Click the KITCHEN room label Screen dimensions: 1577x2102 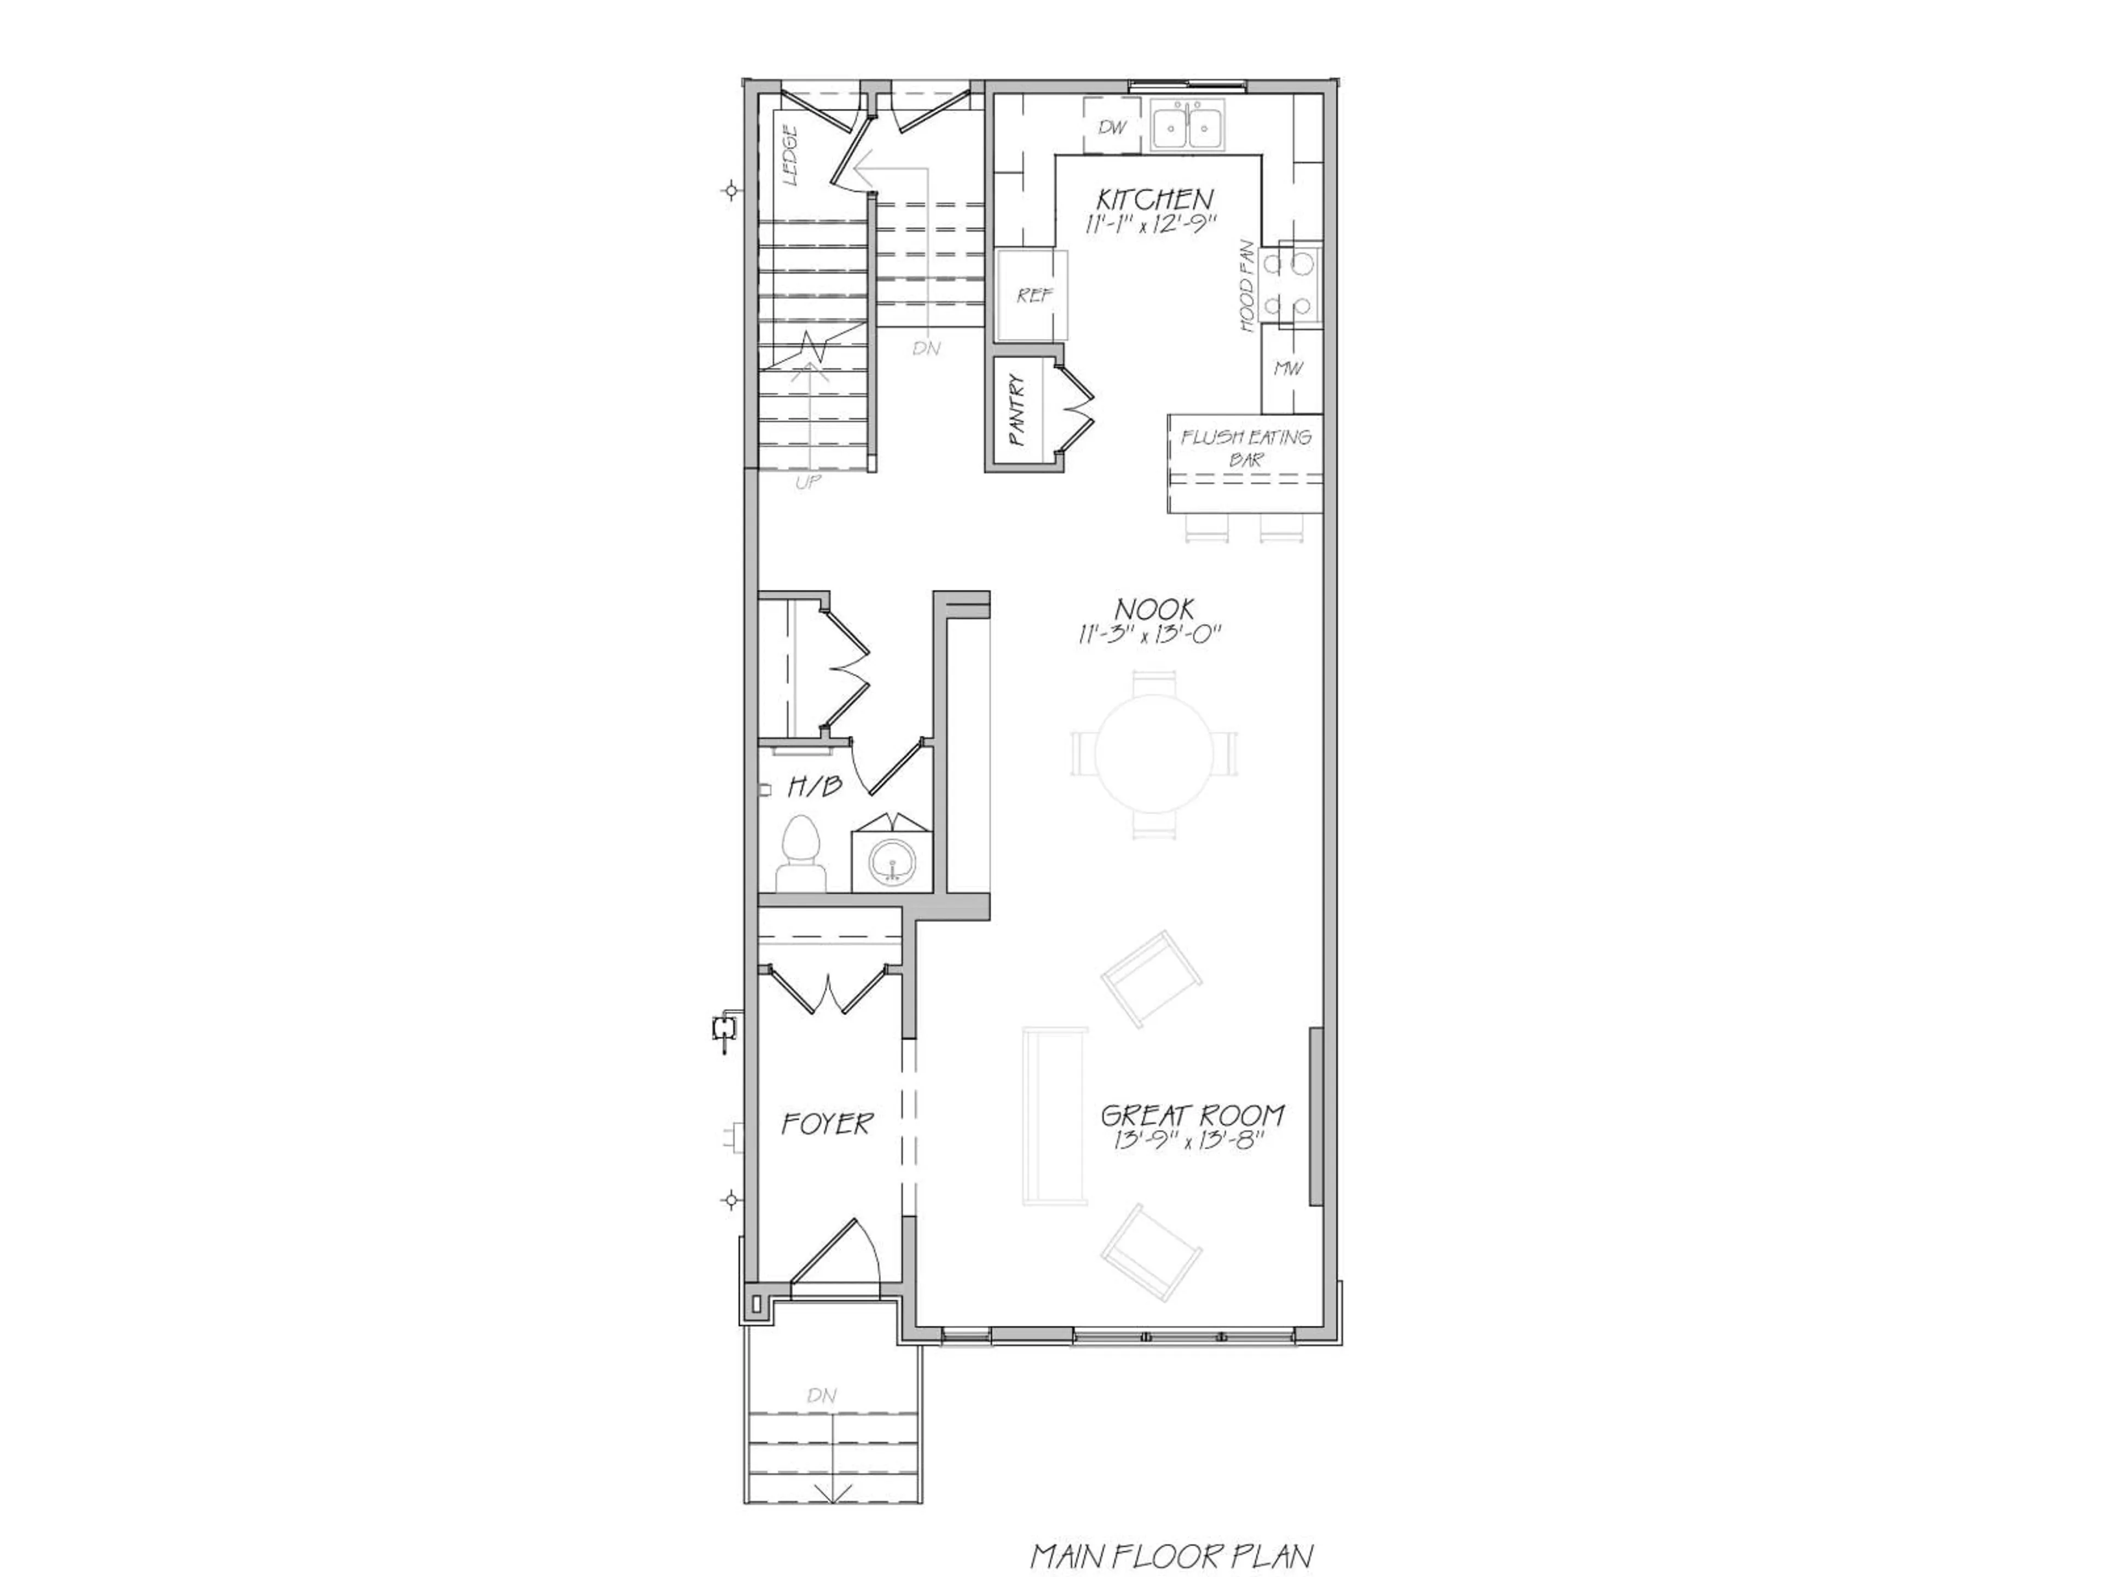tap(1154, 200)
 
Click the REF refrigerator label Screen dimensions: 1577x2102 tap(1034, 296)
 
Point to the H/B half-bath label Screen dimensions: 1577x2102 tap(815, 786)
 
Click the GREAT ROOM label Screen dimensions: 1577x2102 tap(1193, 1115)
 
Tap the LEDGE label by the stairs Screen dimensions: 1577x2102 tap(790, 156)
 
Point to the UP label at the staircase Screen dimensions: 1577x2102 tap(808, 482)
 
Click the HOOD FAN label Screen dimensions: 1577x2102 tap(1247, 286)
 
